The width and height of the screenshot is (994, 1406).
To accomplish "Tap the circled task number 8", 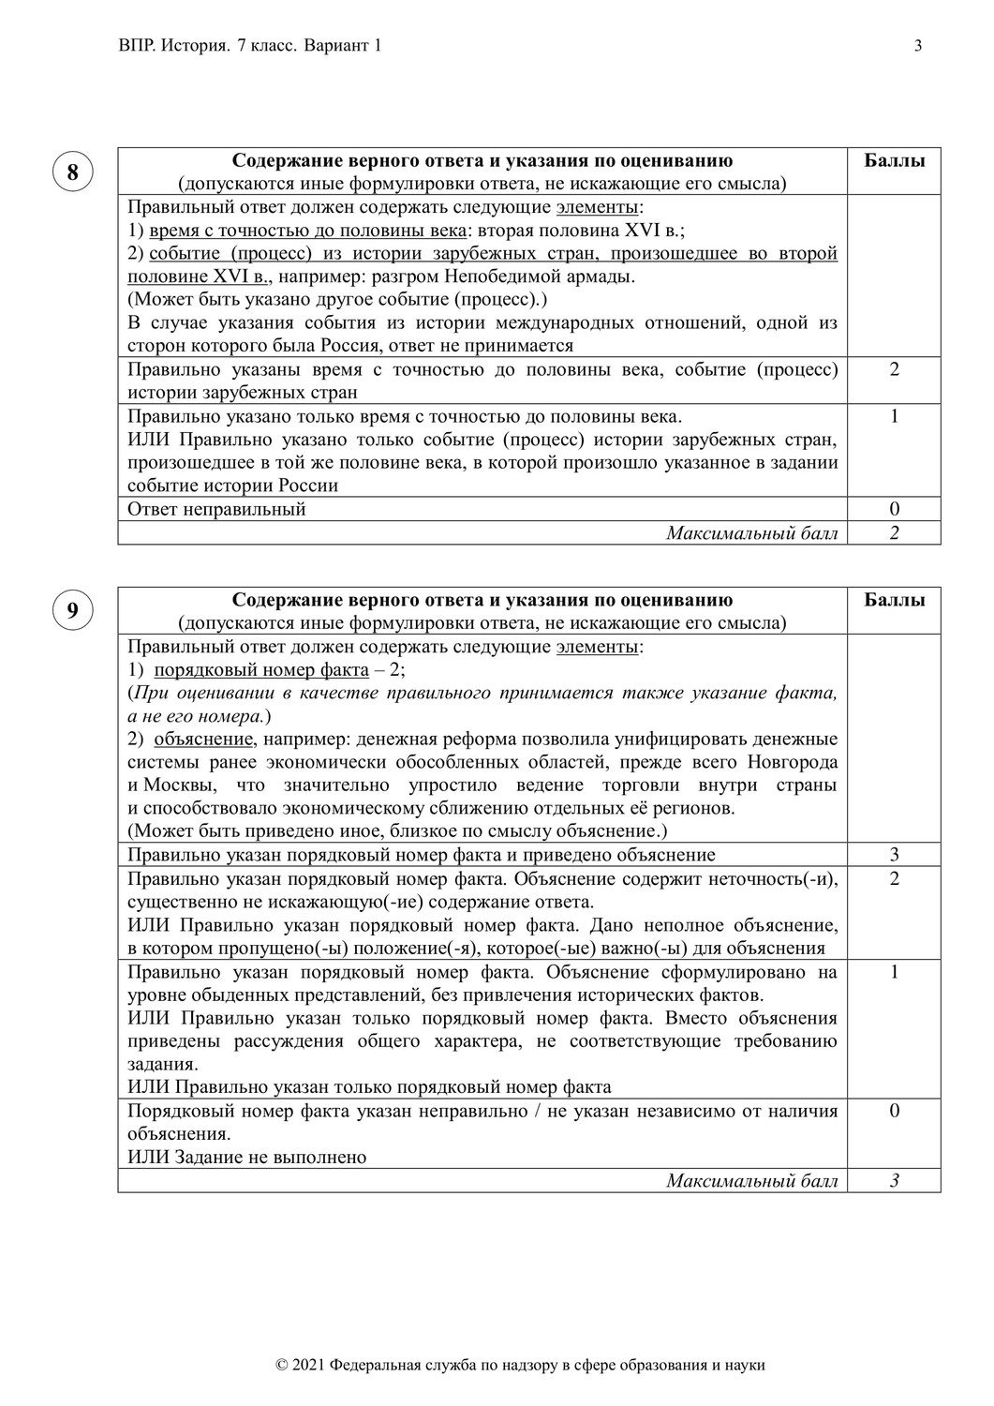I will [x=72, y=172].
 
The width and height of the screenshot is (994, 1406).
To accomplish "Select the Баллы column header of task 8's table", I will [x=894, y=160].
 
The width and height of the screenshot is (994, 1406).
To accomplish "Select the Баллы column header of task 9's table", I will [x=894, y=600].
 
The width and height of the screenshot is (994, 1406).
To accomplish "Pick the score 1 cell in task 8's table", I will [x=894, y=416].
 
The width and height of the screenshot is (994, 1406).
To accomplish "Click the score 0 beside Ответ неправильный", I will [x=894, y=509].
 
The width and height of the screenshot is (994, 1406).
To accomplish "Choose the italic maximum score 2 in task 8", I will [x=894, y=532].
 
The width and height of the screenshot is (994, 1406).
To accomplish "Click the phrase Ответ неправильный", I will [x=216, y=509].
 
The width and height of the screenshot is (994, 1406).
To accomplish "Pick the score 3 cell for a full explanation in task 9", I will [x=894, y=854].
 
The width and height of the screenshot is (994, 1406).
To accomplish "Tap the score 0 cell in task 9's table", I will [x=894, y=1111].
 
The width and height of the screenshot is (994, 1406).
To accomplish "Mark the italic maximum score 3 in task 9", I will [x=894, y=1180].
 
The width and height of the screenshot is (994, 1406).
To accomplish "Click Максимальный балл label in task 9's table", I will [x=751, y=1180].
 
